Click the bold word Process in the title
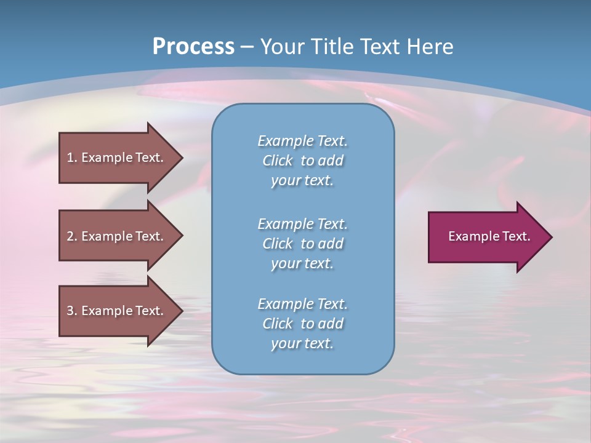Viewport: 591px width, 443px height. coord(193,47)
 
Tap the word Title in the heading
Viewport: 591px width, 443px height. coord(331,47)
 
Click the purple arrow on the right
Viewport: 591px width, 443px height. coord(486,237)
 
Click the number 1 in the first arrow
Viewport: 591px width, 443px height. coord(70,158)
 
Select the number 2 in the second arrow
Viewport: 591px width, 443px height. coord(70,236)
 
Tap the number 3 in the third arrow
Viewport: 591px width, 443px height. coord(70,311)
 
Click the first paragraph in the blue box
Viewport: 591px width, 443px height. coord(302,161)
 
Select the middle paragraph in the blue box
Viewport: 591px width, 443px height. coord(302,244)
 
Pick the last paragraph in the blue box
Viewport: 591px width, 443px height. coord(302,324)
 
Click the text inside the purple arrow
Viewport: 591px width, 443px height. coord(489,236)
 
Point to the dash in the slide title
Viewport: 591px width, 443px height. coord(247,47)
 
